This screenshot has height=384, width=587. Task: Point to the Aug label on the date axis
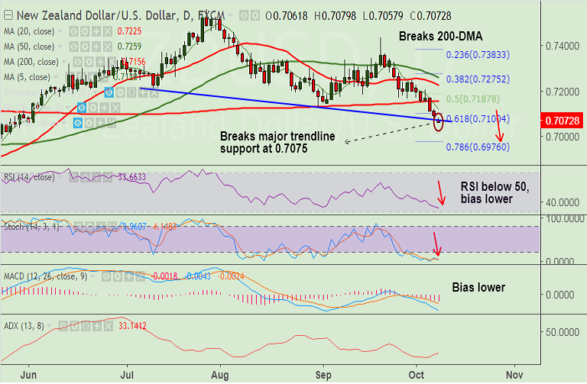(x=220, y=375)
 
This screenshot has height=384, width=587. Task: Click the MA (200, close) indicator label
(x=31, y=62)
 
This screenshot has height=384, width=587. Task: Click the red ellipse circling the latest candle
(x=438, y=121)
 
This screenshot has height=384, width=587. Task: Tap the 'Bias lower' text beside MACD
(x=478, y=287)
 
